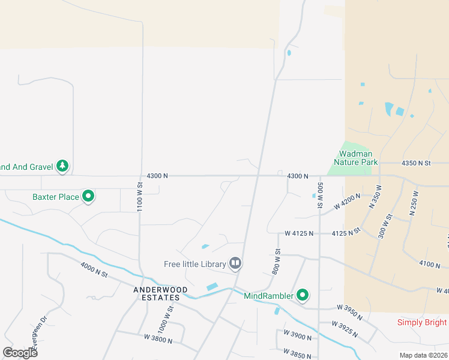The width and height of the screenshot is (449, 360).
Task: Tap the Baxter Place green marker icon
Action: point(88,196)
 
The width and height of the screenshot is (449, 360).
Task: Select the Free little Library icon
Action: point(236,263)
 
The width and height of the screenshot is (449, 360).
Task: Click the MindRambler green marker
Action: point(303,295)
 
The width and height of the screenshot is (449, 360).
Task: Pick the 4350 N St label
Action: point(417,163)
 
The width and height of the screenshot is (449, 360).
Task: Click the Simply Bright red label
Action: point(422,322)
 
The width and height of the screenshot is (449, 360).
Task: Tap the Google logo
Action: point(20,353)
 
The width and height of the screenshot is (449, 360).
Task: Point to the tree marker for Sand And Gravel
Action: point(62,166)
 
